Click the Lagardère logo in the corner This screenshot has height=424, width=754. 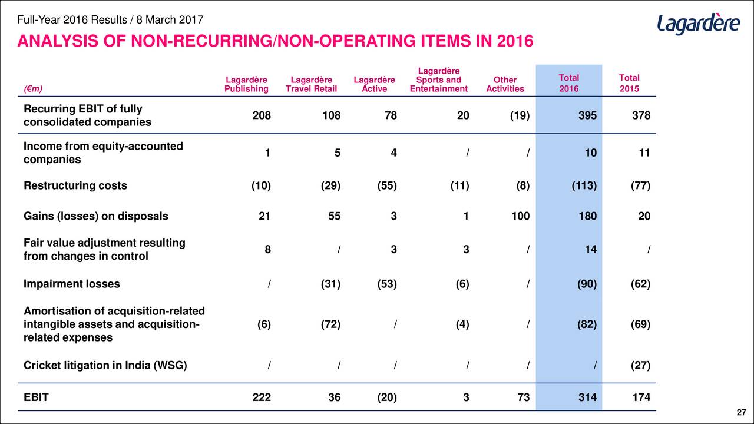coord(699,24)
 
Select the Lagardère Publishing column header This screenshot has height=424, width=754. coord(246,84)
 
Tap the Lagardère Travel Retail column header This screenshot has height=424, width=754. coord(312,84)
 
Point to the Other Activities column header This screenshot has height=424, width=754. coord(505,84)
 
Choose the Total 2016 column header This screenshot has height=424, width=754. coord(569,83)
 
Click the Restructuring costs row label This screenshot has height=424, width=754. coord(75,185)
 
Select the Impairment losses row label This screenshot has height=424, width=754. coord(71,284)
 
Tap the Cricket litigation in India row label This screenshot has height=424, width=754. coord(105,365)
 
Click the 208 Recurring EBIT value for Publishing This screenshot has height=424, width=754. coord(262,115)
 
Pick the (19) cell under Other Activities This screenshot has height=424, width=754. coord(520,115)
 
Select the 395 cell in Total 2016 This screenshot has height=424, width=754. coord(587,115)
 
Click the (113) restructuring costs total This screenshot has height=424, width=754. coord(584,185)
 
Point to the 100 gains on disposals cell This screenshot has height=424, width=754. coord(520,216)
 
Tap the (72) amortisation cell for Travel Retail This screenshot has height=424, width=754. coord(330,324)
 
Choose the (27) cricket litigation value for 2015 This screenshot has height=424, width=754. coord(640,365)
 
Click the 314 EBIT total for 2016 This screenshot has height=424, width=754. coord(587,397)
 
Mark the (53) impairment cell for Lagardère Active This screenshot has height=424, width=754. coord(387,284)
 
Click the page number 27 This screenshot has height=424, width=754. coord(741,412)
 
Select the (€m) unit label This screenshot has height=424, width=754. coord(33,88)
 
